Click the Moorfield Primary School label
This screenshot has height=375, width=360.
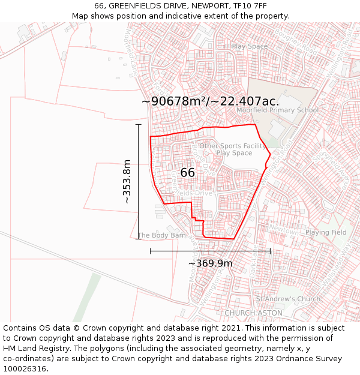277,110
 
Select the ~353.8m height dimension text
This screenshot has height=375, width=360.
127,181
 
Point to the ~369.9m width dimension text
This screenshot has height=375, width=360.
210,263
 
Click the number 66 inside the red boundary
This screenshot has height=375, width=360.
187,173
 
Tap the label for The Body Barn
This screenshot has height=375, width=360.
161,236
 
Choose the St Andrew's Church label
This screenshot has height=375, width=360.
288,299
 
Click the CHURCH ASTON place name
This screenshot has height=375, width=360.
253,313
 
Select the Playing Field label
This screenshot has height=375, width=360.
326,232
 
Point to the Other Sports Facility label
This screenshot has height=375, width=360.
233,146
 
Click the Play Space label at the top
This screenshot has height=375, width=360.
250,46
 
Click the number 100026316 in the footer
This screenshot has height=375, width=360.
25,369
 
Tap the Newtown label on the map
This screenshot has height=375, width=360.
284,230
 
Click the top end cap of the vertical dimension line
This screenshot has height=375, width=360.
139,125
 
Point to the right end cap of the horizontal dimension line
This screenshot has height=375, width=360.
270,251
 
